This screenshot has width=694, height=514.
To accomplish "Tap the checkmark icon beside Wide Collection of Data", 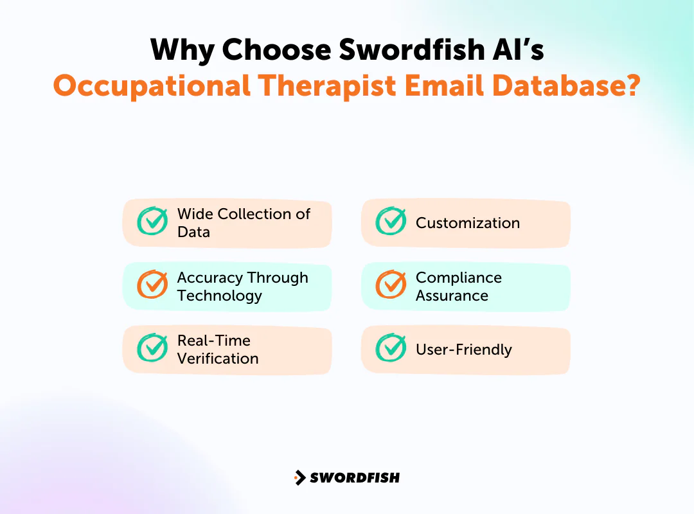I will tap(152, 222).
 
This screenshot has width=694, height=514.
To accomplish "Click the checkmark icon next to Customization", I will tap(391, 222).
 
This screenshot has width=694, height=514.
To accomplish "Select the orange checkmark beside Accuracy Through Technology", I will tap(152, 285).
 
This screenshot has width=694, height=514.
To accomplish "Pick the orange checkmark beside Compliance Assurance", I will tap(391, 285).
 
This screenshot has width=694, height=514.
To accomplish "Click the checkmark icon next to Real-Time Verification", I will tap(152, 348).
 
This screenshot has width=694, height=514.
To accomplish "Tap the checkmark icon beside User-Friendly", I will tap(391, 348).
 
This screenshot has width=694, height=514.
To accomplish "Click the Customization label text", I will tap(467, 223).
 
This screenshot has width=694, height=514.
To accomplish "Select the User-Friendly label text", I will tap(463, 350).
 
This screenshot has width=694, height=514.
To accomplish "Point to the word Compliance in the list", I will tap(458, 278).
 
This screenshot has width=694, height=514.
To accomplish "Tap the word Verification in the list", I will tap(218, 359).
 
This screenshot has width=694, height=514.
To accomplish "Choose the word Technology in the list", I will tap(219, 296).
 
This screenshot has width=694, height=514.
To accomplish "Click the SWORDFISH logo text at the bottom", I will tap(355, 477).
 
